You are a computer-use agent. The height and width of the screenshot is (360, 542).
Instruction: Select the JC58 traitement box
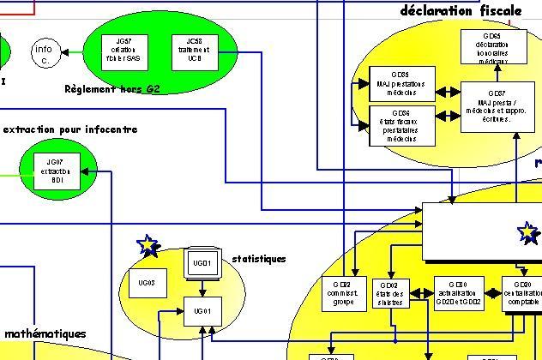(196, 47)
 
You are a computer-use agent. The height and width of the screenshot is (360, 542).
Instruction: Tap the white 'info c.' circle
(44, 53)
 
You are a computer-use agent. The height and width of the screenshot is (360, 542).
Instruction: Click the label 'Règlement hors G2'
(111, 88)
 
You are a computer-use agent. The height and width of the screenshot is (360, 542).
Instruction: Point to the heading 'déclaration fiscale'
(461, 11)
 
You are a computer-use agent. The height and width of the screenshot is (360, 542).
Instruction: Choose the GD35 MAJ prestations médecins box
(402, 81)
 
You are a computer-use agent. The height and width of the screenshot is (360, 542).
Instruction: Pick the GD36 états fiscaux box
(402, 124)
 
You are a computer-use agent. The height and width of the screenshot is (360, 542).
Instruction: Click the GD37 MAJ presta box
(497, 106)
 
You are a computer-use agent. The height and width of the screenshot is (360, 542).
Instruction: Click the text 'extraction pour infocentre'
(70, 129)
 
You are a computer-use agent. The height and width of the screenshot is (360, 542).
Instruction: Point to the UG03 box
(147, 282)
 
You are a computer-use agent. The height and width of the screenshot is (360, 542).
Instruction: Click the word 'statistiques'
(259, 258)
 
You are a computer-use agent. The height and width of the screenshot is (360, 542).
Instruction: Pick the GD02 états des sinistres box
(388, 291)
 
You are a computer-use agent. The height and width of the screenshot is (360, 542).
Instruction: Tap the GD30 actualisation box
(452, 291)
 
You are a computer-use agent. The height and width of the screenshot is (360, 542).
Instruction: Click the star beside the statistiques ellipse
(148, 247)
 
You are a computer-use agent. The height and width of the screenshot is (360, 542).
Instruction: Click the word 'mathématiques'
(45, 333)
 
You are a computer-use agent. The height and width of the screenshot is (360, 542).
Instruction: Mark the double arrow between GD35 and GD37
(448, 93)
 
